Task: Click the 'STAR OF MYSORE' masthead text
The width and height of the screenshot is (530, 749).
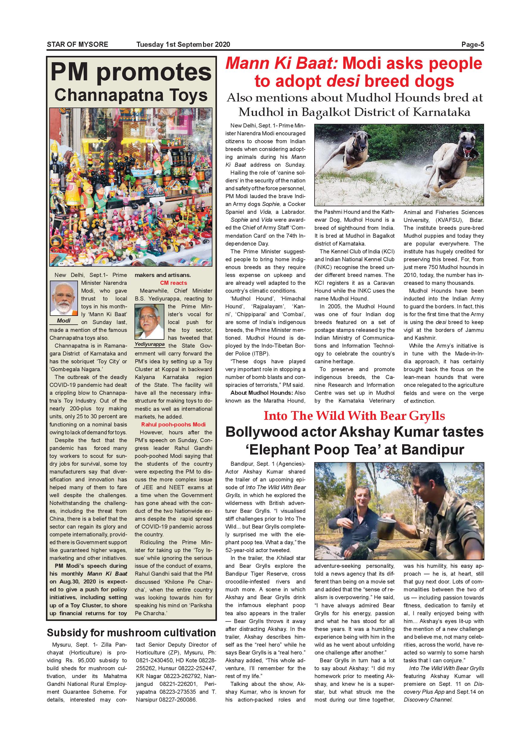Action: [x=77, y=44]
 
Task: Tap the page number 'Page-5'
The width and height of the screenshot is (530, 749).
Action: [x=473, y=44]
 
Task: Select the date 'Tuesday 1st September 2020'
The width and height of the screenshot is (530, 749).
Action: [x=183, y=44]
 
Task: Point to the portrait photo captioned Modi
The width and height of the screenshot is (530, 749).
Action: [x=64, y=298]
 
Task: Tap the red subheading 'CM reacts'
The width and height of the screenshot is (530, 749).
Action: [x=173, y=283]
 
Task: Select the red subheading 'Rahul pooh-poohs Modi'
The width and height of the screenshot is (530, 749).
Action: [x=173, y=424]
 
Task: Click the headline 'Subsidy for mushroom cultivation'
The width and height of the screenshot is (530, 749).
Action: [x=131, y=632]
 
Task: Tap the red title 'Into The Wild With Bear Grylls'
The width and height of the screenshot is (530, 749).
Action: [x=354, y=416]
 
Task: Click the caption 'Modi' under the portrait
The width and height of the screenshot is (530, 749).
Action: [x=64, y=321]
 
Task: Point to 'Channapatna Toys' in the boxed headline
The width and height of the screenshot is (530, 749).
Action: [x=131, y=95]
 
